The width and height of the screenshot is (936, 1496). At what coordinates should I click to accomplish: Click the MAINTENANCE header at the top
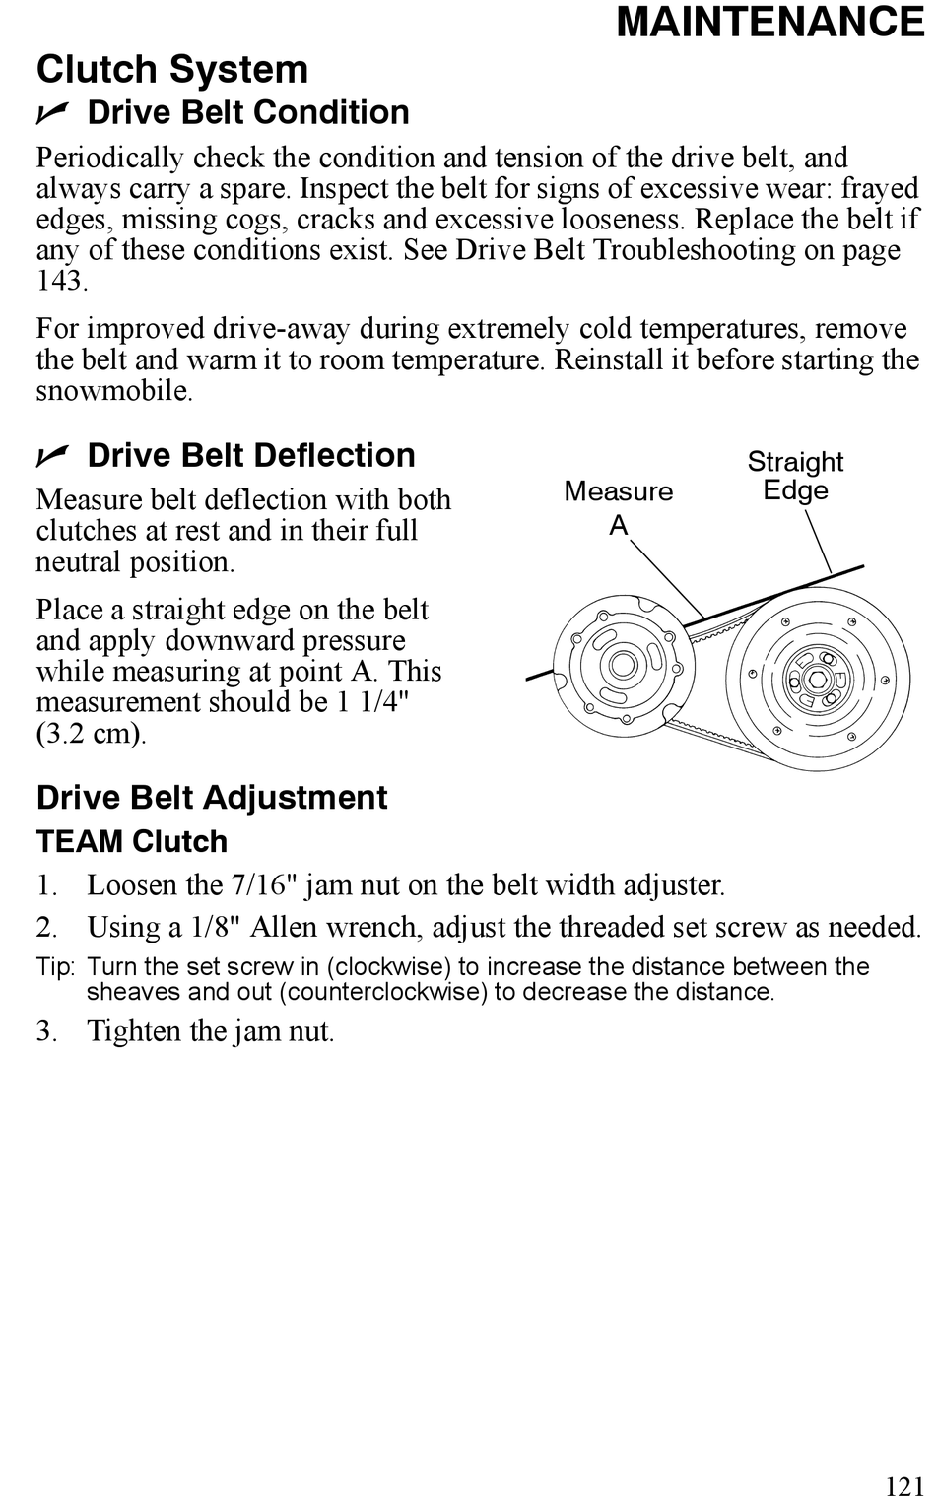770,23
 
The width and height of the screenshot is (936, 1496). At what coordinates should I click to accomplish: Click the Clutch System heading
172,70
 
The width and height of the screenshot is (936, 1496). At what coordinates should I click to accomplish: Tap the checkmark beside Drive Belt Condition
52,114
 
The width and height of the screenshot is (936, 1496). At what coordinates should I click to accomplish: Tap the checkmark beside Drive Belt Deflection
52,456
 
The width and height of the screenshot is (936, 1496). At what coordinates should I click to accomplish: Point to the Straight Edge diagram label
795,476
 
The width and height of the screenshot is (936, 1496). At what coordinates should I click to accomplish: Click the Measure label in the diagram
619,491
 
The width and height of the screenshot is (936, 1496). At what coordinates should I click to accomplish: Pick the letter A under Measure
619,526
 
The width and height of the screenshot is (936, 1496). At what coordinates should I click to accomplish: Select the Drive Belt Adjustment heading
212,798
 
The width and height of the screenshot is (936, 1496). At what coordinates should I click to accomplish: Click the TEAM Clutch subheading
132,842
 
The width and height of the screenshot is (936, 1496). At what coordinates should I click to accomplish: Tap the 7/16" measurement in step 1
264,885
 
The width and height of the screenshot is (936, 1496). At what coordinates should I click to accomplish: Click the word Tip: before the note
55,967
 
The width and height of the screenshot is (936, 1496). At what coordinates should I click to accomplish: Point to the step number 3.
45,1031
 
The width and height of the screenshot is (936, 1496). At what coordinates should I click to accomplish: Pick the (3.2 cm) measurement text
91,734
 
